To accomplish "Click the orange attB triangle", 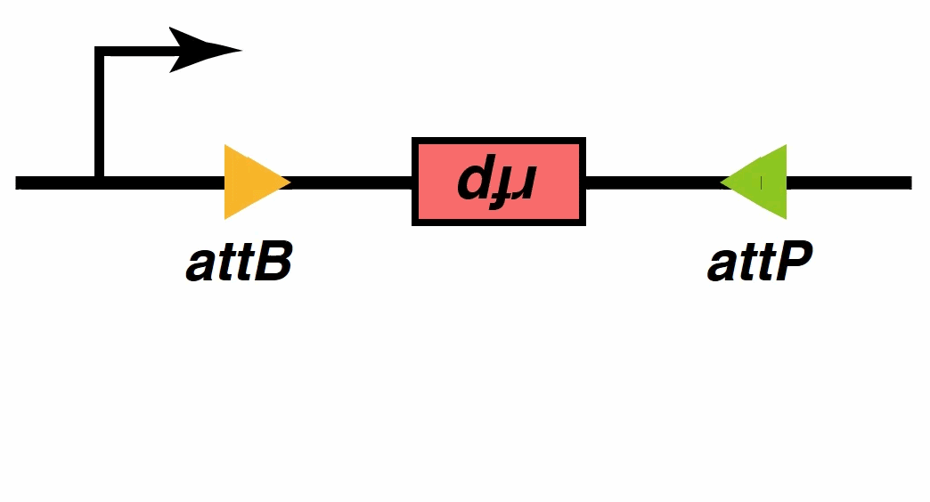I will (x=249, y=182).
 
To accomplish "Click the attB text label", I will (x=239, y=263).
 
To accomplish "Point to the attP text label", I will (x=759, y=263).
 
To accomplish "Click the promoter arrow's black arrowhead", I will (x=203, y=50).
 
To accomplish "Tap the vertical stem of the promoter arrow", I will (x=100, y=116).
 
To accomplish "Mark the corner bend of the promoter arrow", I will (x=101, y=53).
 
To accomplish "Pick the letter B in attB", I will (x=273, y=263).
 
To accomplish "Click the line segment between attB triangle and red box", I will (x=352, y=183).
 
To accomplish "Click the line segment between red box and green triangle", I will (x=653, y=183).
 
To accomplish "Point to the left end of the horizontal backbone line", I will (x=20, y=183).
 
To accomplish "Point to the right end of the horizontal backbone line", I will (x=908, y=183).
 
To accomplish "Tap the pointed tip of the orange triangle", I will (x=288, y=182).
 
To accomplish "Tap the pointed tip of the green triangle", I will (x=723, y=182).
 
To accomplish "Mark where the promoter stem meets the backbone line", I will (x=100, y=182).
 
